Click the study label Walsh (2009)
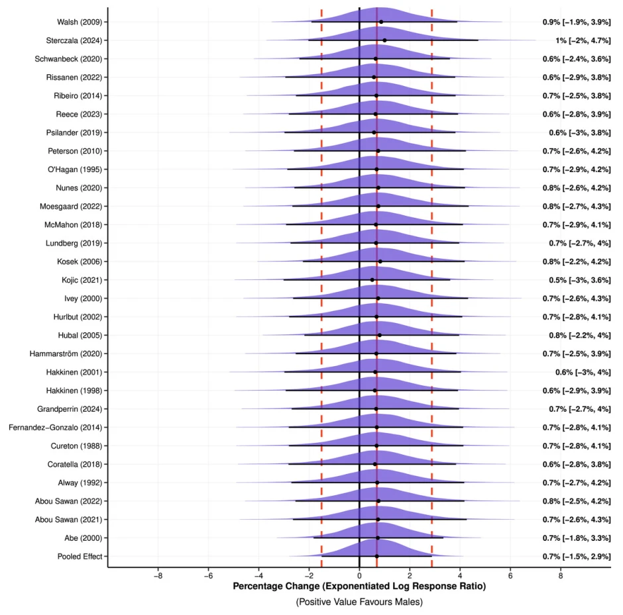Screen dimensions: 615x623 pyautogui.click(x=80, y=22)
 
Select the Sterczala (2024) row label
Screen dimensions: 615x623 pyautogui.click(x=74, y=40)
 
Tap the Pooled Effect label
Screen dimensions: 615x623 pyautogui.click(x=80, y=556)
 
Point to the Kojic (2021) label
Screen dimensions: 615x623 pyautogui.click(x=82, y=280)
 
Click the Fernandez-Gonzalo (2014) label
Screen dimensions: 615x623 pyautogui.click(x=56, y=427)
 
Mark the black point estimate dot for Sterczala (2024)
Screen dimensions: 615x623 pyautogui.click(x=384, y=40)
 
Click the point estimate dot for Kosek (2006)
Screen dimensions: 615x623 pyautogui.click(x=380, y=261)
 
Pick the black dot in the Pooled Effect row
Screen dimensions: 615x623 pyautogui.click(x=376, y=556)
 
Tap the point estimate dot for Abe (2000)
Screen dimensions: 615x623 pyautogui.click(x=378, y=538)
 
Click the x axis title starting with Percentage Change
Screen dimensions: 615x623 pyautogui.click(x=359, y=587)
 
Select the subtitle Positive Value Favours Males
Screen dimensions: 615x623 pyautogui.click(x=359, y=602)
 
